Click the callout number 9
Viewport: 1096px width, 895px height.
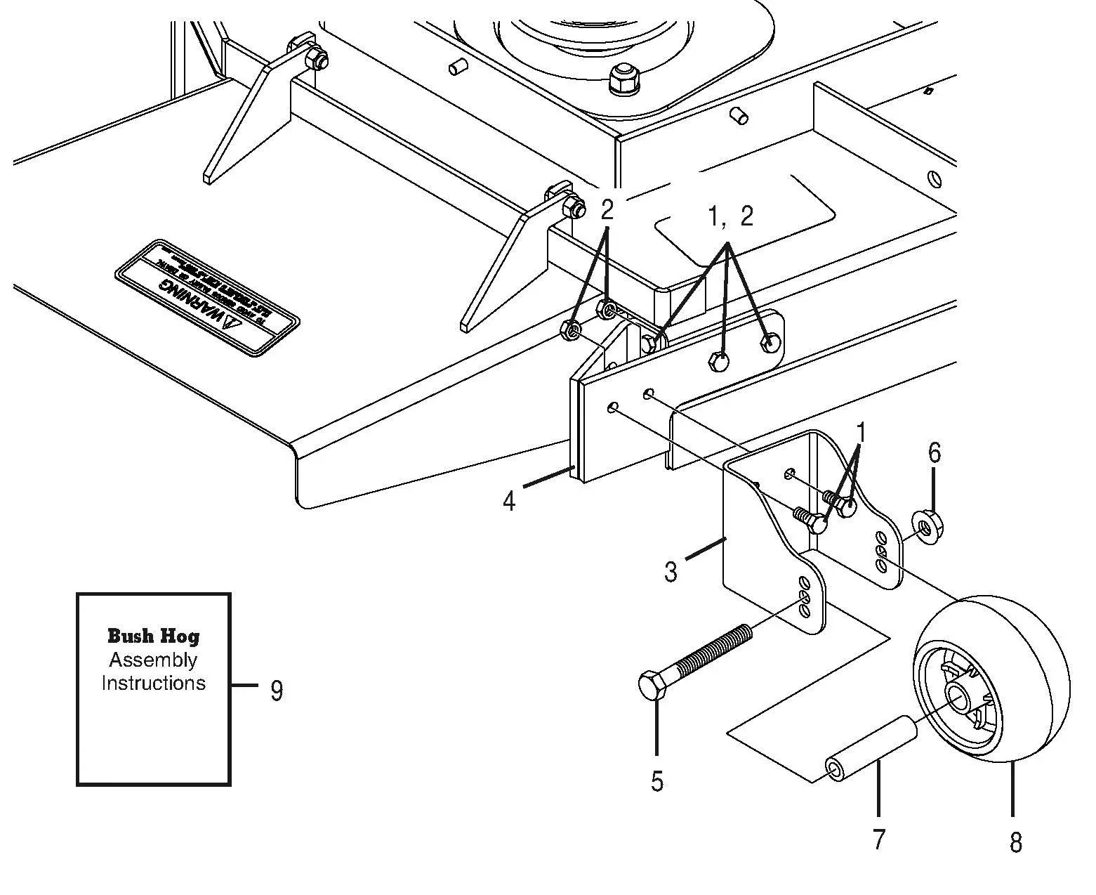click(277, 691)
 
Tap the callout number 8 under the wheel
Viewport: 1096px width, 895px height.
click(1015, 842)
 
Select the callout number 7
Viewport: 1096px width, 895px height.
click(878, 839)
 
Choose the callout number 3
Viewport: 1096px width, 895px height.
click(671, 572)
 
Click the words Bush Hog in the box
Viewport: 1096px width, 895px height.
click(153, 636)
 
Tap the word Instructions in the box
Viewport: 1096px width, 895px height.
click(153, 683)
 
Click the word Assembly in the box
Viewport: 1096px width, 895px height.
click(153, 660)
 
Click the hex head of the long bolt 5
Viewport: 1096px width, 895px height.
click(654, 684)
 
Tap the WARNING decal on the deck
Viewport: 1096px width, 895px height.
click(208, 299)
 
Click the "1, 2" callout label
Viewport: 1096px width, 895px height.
click(730, 217)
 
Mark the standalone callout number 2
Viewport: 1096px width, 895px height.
click(607, 210)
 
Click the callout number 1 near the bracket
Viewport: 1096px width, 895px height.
click(861, 433)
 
